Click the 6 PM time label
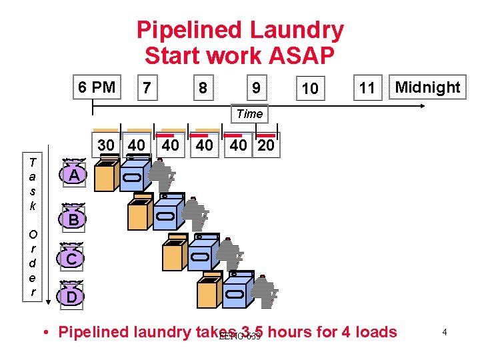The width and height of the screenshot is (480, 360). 97,87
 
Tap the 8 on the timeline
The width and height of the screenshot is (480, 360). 203,88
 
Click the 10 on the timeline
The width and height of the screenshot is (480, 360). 309,88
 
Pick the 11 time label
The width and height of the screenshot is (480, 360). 367,88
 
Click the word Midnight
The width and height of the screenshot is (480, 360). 427,87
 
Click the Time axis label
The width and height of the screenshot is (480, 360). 249,114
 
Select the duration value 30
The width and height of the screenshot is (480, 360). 106,145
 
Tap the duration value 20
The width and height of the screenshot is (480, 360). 265,145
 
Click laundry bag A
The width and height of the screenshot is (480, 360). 75,175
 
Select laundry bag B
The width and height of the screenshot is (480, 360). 74,217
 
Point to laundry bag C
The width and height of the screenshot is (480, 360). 74,257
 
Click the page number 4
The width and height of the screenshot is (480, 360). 443,331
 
